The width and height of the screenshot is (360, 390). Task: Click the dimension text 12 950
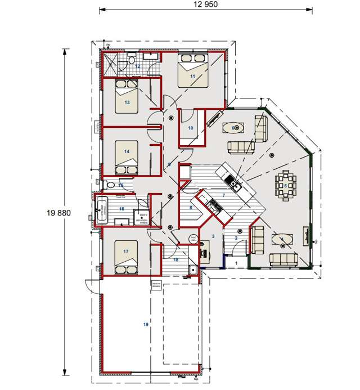206,4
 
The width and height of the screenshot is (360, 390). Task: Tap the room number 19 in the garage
146,325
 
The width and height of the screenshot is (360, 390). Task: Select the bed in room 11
193,70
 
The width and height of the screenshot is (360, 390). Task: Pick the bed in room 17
127,256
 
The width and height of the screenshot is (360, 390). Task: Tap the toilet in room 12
130,59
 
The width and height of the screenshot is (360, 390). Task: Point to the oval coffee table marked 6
235,128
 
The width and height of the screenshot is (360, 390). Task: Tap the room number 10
190,128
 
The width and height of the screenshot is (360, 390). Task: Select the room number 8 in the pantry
190,207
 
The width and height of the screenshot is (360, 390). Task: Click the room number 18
175,259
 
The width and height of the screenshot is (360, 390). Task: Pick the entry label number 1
236,263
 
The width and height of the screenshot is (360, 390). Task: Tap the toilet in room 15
110,185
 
